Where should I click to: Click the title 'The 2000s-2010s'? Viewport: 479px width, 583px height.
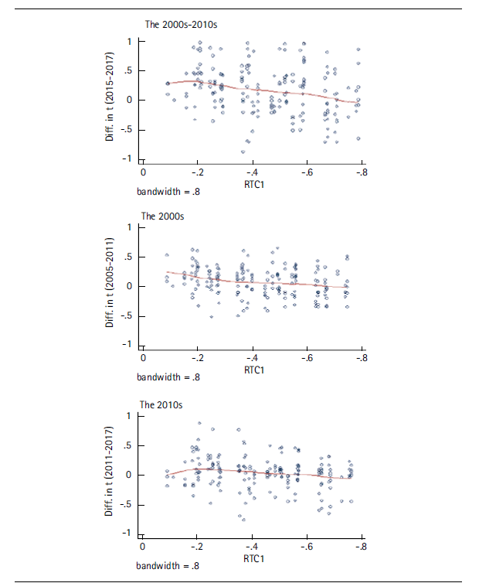182,25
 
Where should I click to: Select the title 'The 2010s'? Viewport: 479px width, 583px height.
161,404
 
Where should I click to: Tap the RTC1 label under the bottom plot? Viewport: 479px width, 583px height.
254,557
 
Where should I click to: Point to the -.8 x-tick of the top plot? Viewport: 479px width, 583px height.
359,170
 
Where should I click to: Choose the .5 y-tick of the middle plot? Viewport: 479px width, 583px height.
128,257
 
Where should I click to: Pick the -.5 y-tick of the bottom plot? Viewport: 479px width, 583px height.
127,504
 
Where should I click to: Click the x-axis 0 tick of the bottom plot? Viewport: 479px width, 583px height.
143,547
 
